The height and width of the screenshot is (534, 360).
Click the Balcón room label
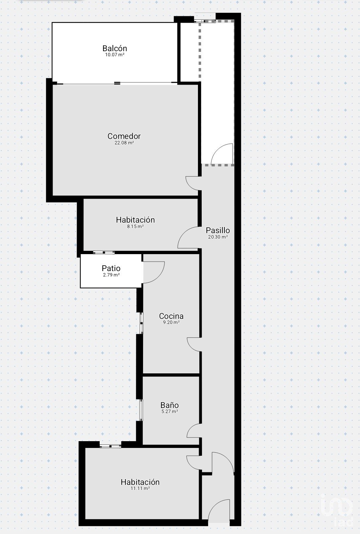tap(115, 48)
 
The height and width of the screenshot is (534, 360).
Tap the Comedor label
tap(124, 136)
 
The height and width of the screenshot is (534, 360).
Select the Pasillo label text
tap(218, 230)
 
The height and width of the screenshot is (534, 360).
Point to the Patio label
tap(111, 268)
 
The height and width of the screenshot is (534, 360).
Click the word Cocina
tap(171, 316)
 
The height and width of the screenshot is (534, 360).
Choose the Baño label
tap(169, 405)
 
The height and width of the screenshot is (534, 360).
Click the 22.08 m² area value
tap(124, 143)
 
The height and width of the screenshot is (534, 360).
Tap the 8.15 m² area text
tap(135, 226)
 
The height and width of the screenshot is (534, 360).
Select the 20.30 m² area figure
tap(218, 237)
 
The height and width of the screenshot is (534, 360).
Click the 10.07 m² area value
tap(115, 55)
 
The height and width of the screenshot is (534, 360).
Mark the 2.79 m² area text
tap(111, 275)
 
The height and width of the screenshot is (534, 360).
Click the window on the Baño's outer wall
tap(141, 410)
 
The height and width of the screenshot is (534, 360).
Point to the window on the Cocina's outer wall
tap(141, 323)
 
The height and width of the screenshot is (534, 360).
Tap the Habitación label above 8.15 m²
tap(135, 220)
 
